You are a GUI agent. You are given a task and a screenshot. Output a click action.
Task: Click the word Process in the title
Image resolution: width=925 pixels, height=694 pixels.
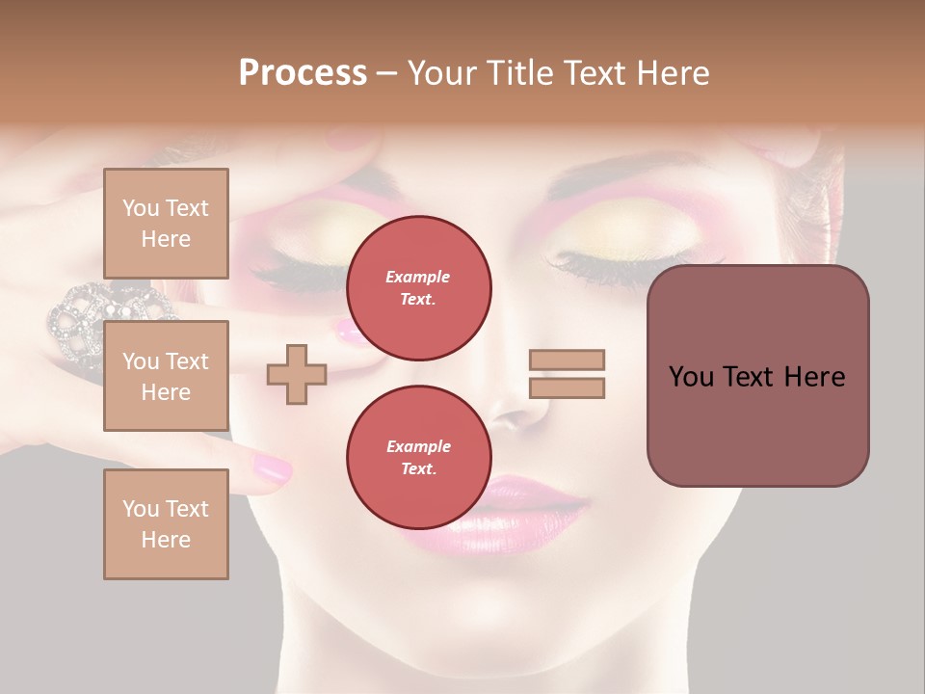click(303, 73)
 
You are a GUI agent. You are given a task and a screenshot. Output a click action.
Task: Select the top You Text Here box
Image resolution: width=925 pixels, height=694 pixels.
click(166, 224)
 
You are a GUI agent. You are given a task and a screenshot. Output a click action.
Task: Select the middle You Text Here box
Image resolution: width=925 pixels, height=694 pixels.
click(166, 376)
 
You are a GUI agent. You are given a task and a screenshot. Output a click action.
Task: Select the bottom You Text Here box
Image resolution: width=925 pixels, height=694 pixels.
click(166, 523)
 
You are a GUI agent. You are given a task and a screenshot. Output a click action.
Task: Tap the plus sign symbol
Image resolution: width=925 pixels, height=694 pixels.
click(297, 374)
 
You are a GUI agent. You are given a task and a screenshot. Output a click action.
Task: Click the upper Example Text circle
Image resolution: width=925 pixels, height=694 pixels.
click(418, 288)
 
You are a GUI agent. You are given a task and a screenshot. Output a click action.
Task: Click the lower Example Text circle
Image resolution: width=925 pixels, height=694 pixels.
click(418, 457)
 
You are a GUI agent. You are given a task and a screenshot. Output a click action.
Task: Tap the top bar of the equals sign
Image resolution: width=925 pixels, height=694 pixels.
click(567, 360)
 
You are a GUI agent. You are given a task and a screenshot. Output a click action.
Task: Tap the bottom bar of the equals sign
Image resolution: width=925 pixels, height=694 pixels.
click(567, 387)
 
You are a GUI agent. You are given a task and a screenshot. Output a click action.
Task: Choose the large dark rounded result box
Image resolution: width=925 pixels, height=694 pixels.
click(757, 376)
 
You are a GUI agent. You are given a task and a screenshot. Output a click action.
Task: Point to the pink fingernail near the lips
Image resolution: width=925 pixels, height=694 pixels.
click(272, 469)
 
